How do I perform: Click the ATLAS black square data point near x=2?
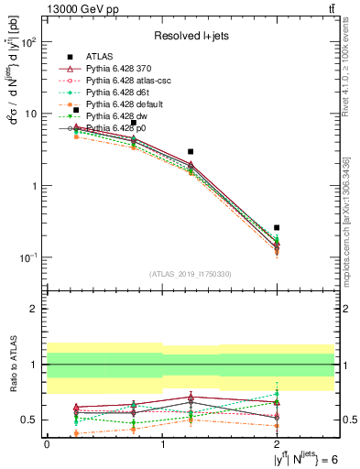[277, 227]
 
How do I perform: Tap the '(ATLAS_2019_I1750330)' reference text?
[191, 274]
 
